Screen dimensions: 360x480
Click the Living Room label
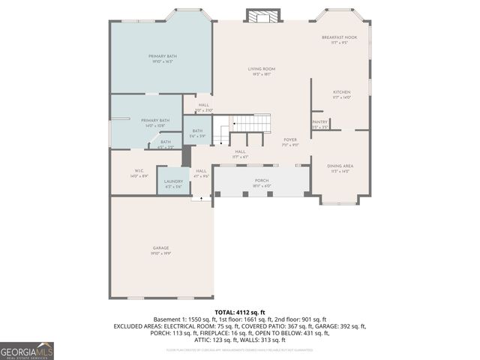click(262, 69)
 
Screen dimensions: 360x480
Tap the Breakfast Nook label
click(339, 37)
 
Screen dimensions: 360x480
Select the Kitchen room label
click(341, 92)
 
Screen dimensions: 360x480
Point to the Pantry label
click(319, 121)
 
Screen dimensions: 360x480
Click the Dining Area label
click(340, 166)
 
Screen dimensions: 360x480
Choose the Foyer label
click(290, 140)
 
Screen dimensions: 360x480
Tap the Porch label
click(262, 180)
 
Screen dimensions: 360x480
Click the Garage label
click(160, 248)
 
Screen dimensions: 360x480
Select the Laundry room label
click(174, 181)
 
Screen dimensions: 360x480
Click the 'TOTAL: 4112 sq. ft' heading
click(240, 312)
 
